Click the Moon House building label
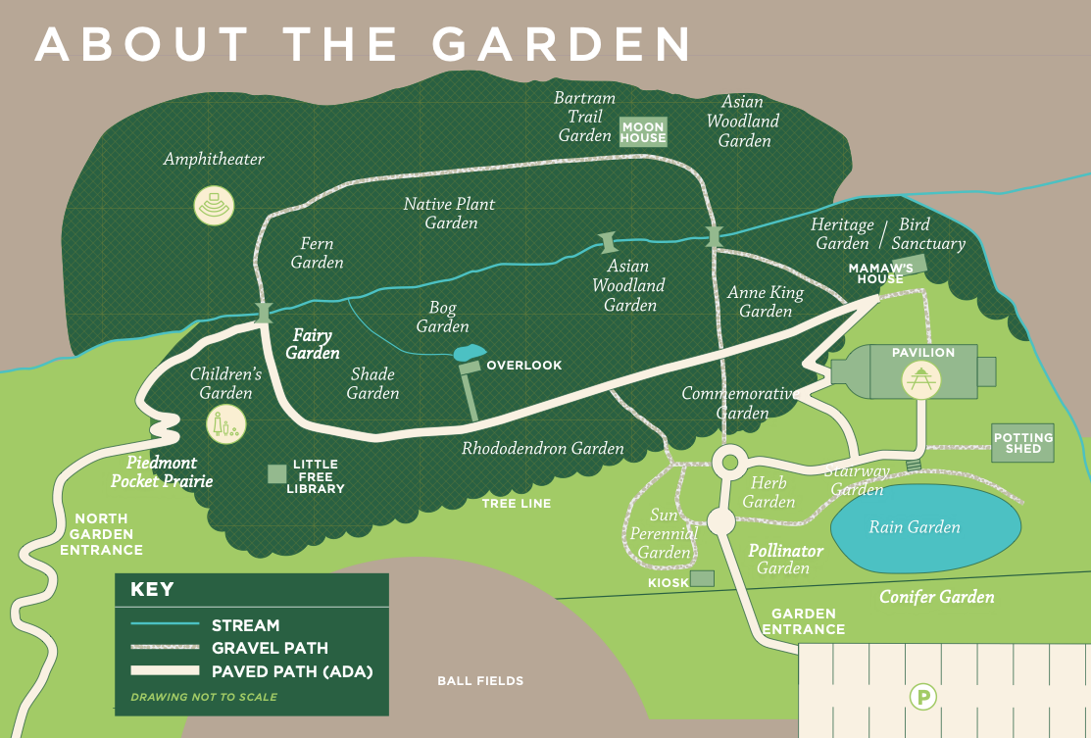[x=643, y=132]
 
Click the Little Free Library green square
[x=277, y=474]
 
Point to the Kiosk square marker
[x=702, y=579]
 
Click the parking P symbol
[x=922, y=698]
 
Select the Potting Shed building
[x=1022, y=444]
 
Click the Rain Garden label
[x=914, y=527]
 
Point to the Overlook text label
[x=524, y=366]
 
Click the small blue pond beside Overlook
[x=468, y=352]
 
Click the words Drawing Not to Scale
[x=204, y=697]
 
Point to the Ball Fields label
[x=480, y=680]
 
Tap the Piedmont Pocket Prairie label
[x=161, y=471]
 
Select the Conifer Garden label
[x=936, y=597]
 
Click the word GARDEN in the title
[x=561, y=43]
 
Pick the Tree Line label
[x=516, y=504]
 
